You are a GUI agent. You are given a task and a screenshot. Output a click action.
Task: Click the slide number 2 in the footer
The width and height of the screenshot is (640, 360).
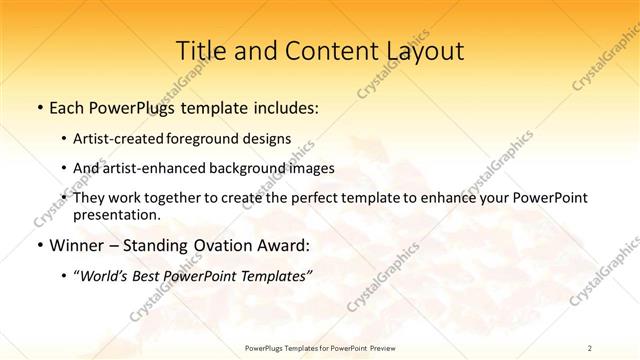point(591,347)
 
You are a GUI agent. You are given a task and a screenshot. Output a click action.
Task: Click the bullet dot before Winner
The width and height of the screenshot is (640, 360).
point(38,244)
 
